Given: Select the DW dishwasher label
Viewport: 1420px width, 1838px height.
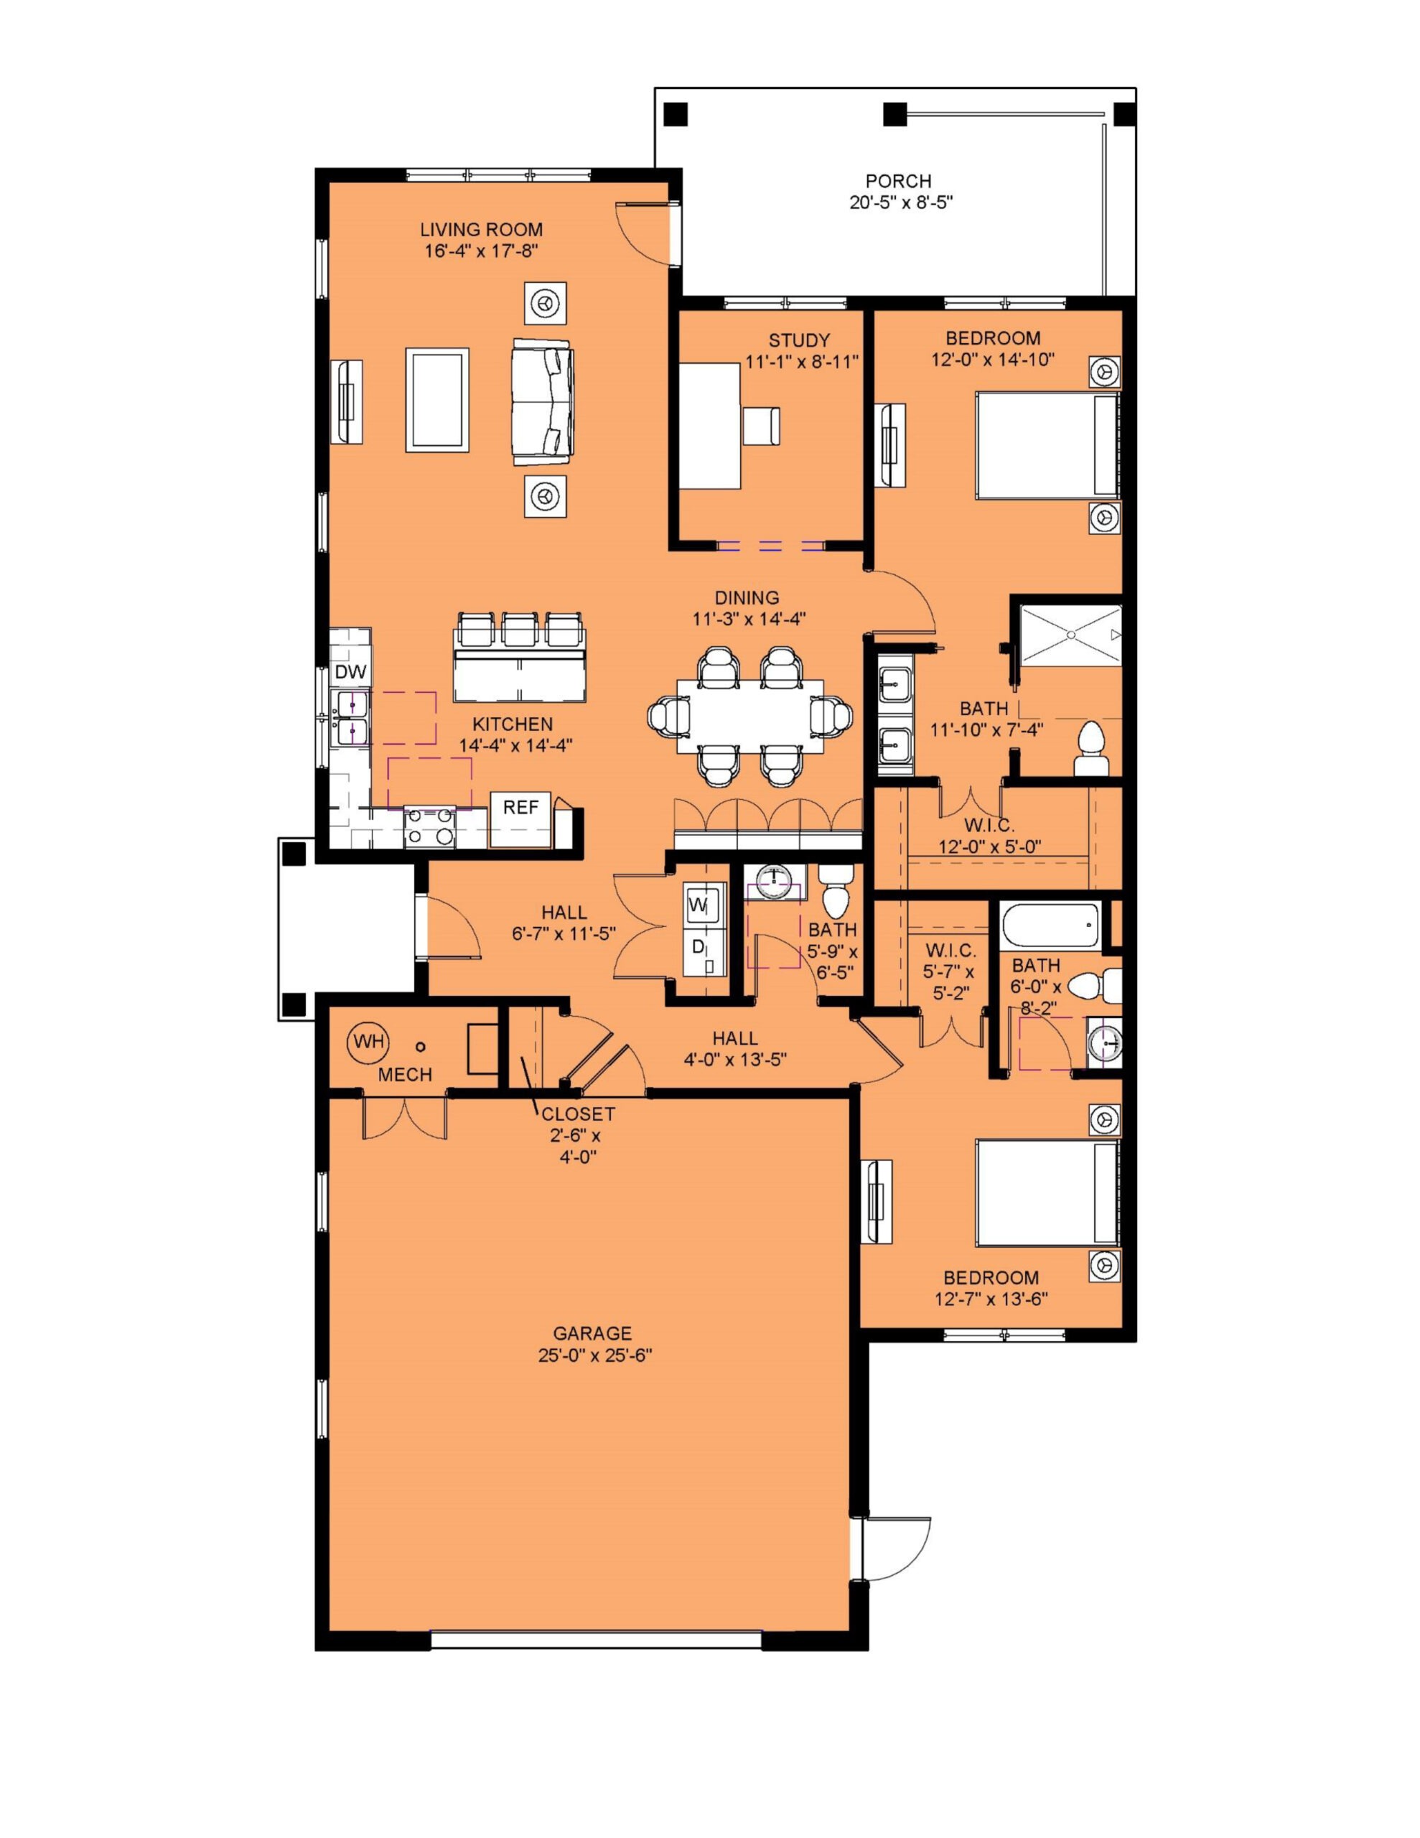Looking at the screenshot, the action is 351,671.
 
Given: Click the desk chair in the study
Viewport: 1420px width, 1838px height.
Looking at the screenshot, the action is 761,425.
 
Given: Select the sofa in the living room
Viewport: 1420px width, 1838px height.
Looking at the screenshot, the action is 543,401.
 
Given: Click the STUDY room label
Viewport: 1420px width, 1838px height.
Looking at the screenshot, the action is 799,341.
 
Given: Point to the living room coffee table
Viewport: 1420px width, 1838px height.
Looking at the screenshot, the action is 438,400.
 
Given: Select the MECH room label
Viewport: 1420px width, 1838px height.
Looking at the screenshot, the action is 405,1075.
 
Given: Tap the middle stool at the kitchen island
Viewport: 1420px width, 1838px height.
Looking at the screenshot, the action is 519,630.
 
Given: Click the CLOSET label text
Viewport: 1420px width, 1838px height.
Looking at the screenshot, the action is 579,1114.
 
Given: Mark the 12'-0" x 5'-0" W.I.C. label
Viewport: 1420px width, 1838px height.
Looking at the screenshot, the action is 990,835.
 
